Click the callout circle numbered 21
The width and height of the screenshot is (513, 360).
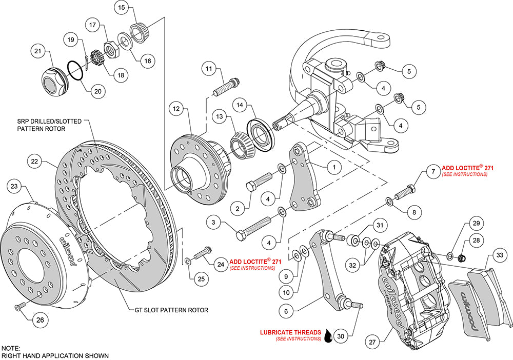(37, 51)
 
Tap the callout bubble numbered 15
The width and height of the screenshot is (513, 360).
(121, 8)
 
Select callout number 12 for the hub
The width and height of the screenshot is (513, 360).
(175, 109)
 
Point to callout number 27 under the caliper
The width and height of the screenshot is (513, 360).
(373, 341)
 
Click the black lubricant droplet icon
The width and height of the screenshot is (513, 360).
(327, 336)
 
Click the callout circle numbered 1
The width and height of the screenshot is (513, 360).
(333, 167)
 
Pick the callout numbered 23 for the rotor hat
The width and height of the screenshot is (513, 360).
(14, 186)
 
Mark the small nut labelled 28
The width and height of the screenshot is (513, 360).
(461, 257)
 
